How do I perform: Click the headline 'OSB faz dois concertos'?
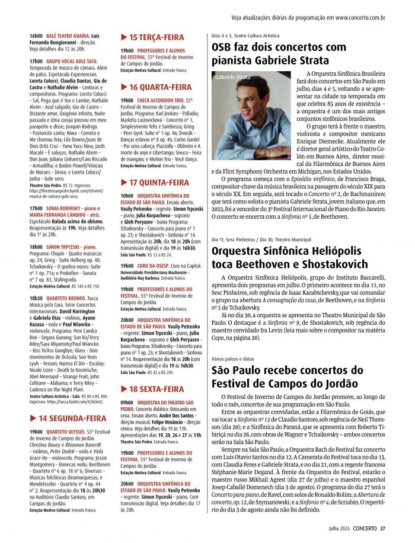click(x=279, y=47)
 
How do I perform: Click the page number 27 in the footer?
click(x=383, y=529)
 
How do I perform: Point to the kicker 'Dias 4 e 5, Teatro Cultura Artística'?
click(x=245, y=36)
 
